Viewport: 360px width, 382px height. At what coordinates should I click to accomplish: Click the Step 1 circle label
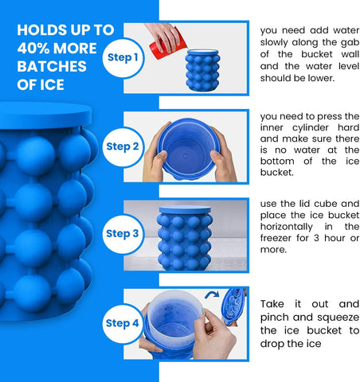[123, 57]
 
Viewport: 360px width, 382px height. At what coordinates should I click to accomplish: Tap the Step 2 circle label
[123, 146]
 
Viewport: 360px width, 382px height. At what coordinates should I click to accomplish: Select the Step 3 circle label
[123, 233]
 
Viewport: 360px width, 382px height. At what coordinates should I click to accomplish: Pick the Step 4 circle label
[123, 323]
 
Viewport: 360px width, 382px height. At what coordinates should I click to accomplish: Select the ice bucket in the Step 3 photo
[184, 239]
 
